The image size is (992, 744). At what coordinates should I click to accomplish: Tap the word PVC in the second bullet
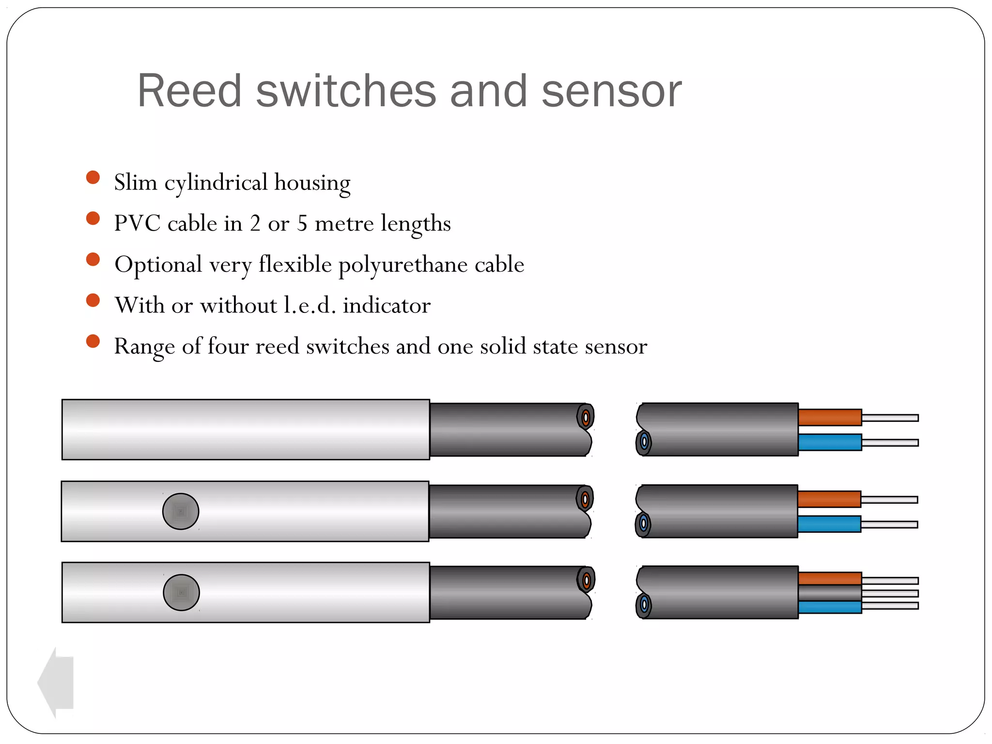point(137,223)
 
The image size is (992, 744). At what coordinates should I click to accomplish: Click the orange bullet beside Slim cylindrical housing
point(93,177)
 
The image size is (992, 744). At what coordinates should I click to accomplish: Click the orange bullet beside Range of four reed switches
point(93,341)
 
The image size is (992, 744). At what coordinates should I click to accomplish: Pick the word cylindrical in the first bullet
point(216,183)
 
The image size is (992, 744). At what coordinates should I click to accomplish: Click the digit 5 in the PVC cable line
point(302,223)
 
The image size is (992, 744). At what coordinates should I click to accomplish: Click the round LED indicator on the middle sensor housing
point(181,511)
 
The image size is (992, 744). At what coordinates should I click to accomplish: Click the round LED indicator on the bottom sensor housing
point(181,592)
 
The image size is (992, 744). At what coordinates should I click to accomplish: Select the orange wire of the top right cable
point(830,418)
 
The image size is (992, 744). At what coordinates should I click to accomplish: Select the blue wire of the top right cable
point(830,442)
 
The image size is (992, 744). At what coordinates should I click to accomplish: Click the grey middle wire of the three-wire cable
point(830,593)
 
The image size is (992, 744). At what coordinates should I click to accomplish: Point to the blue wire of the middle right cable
point(829,524)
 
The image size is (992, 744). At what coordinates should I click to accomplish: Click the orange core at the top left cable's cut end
point(586,417)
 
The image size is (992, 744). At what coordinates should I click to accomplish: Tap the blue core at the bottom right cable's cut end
point(644,604)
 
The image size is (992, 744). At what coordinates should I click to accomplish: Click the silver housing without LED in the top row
point(246,430)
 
